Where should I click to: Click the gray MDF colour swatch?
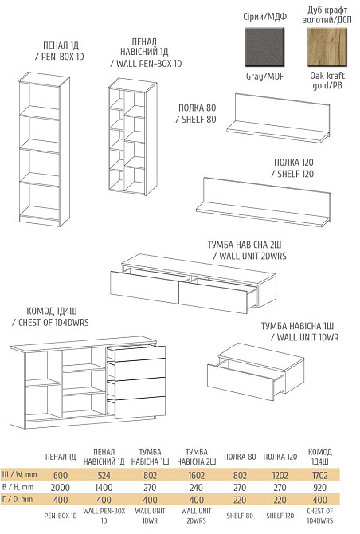click(x=264, y=47)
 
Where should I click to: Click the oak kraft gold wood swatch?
click(x=327, y=47)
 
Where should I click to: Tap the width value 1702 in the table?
click(x=320, y=475)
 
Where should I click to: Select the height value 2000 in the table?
click(x=61, y=487)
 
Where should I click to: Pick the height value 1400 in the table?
click(x=104, y=487)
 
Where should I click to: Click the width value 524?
click(x=104, y=475)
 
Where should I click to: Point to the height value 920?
click(x=320, y=487)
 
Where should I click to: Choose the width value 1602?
click(x=197, y=475)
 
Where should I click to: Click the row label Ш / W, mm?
click(x=19, y=475)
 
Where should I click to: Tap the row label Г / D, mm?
click(x=18, y=499)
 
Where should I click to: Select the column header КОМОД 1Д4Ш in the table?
click(x=320, y=457)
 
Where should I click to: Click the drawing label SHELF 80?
click(x=198, y=120)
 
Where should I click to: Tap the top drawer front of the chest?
click(x=140, y=354)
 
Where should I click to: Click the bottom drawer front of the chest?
click(x=140, y=407)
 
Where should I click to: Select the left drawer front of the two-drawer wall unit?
click(x=145, y=286)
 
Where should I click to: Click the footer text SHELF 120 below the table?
click(x=280, y=516)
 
